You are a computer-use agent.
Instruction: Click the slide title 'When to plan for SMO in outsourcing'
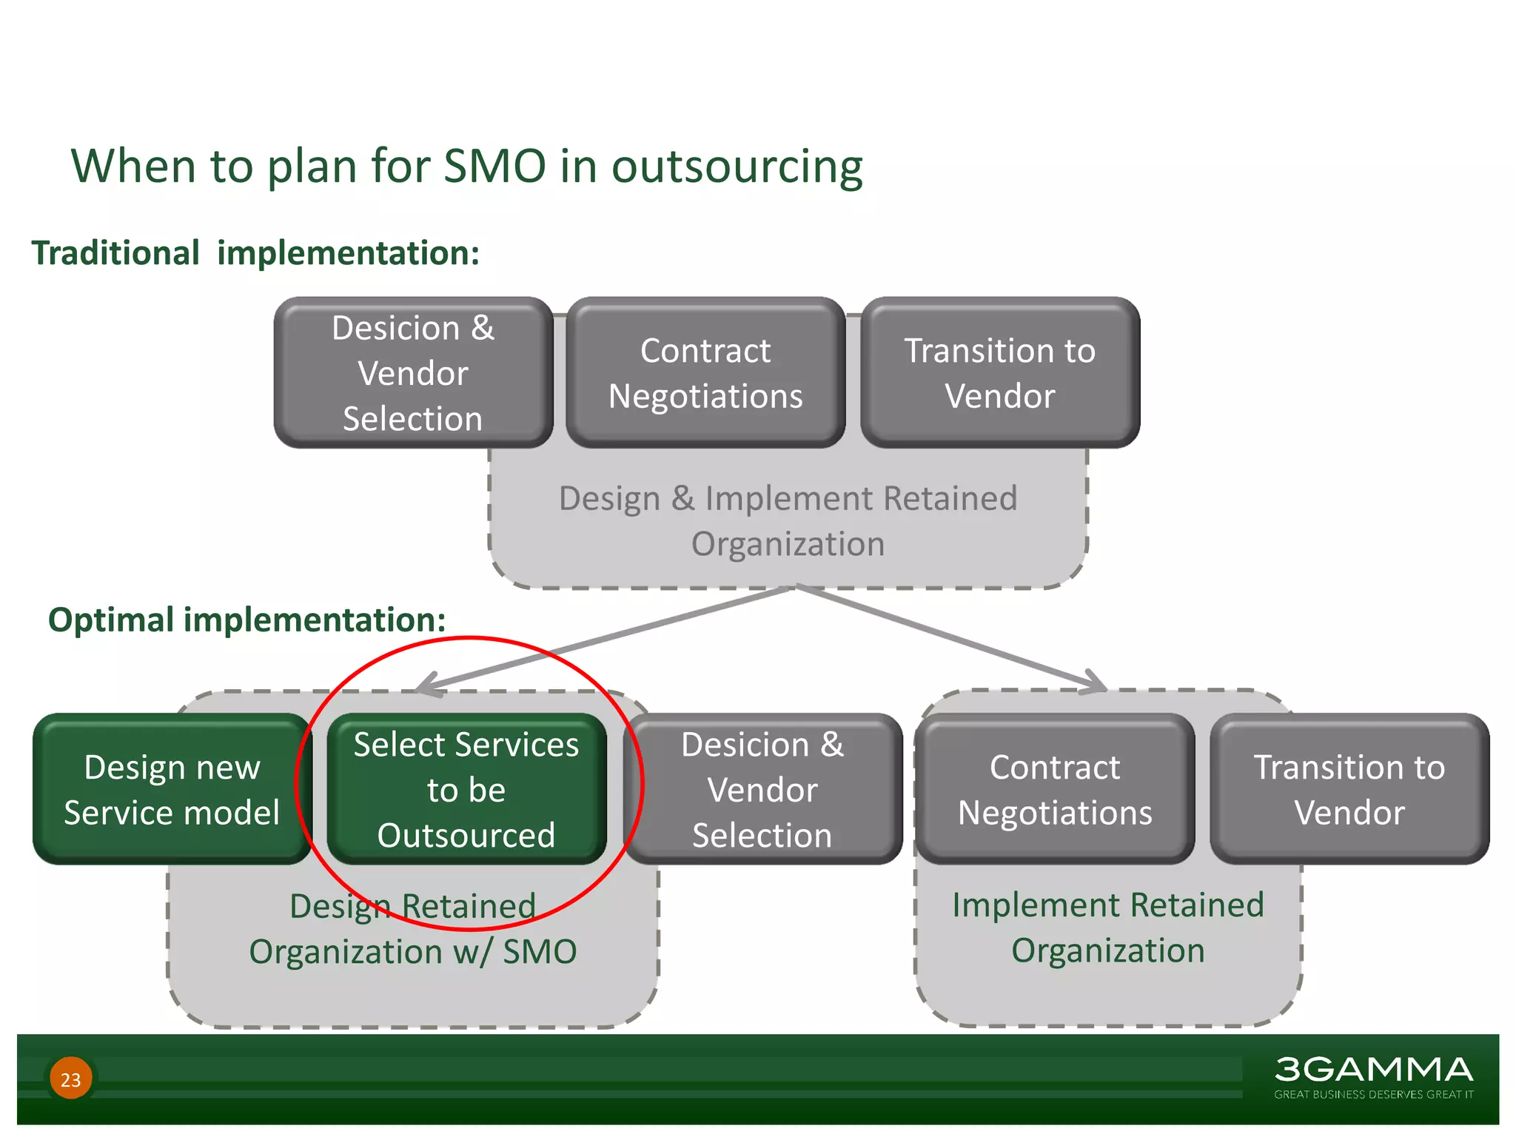tap(466, 167)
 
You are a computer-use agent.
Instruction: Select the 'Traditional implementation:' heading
tap(255, 253)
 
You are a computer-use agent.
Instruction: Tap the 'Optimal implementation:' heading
tap(246, 620)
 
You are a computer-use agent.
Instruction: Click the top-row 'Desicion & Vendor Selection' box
tap(413, 373)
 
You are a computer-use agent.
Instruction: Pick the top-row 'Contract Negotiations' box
tap(705, 373)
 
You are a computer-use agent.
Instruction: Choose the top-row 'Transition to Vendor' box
tap(1000, 373)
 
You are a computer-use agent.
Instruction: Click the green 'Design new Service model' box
tap(172, 789)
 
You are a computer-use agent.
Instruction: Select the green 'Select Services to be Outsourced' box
tap(466, 789)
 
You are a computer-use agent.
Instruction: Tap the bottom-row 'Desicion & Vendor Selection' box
tap(762, 789)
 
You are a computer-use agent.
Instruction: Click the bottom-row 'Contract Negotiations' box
tap(1055, 789)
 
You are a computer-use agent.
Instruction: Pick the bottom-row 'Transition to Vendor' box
tap(1349, 789)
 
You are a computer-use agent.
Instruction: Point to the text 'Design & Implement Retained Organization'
tap(788, 520)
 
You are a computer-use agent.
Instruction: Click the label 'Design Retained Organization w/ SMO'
tap(413, 929)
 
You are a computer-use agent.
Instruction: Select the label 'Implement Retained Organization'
tap(1108, 928)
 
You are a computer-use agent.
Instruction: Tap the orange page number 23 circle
tap(71, 1079)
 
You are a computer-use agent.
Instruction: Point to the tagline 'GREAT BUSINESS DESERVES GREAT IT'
tap(1373, 1094)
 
